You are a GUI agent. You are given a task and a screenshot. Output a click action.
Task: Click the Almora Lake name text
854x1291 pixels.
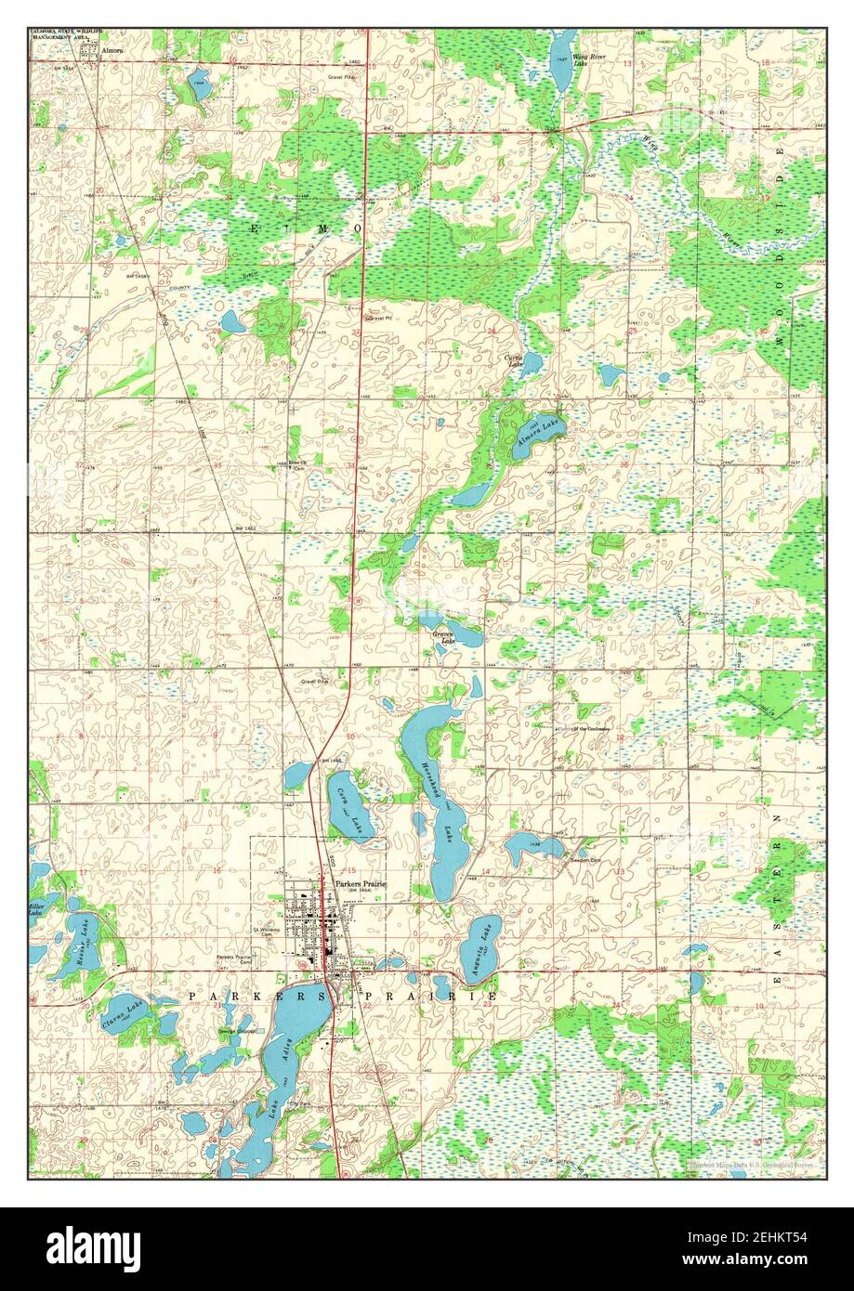[533, 433]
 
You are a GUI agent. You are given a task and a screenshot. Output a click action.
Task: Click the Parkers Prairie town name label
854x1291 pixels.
[360, 883]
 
